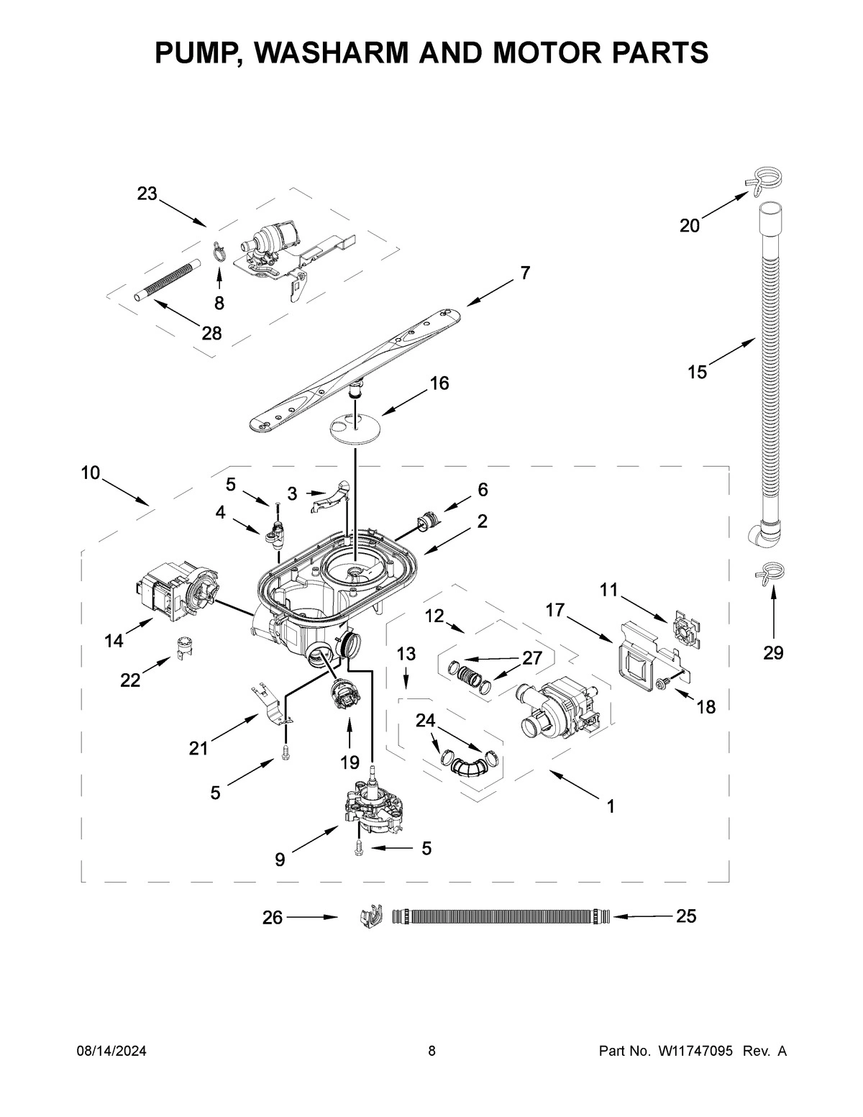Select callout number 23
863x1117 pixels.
click(x=147, y=193)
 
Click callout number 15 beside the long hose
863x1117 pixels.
click(x=697, y=372)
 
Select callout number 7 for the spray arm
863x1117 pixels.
click(x=525, y=273)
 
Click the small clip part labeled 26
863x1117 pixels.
click(x=369, y=918)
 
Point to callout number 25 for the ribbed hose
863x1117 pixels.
click(x=686, y=916)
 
